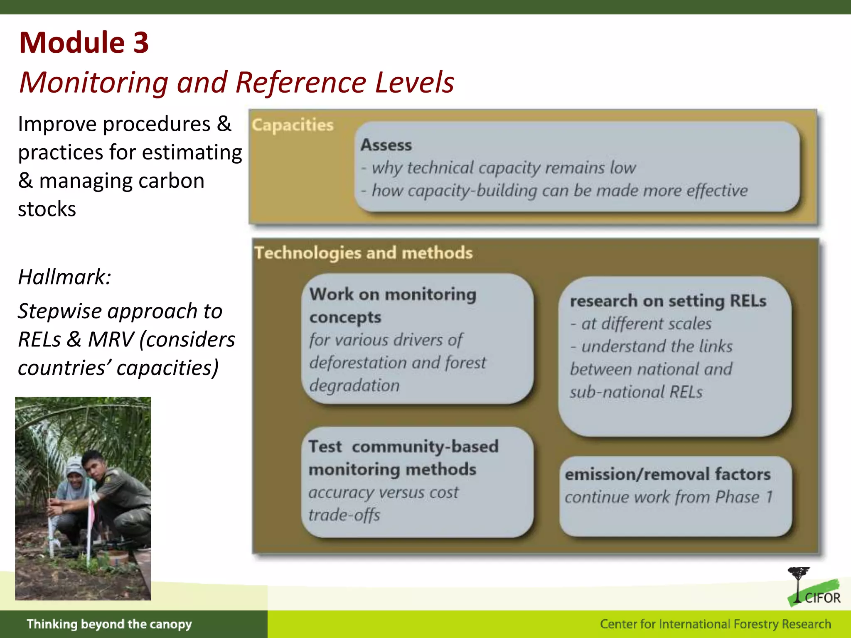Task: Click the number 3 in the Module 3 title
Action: pyautogui.click(x=141, y=43)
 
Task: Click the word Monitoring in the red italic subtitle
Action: pyautogui.click(x=94, y=82)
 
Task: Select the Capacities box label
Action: pyautogui.click(x=293, y=125)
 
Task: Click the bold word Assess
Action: pyautogui.click(x=386, y=145)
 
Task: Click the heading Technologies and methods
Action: pyautogui.click(x=364, y=253)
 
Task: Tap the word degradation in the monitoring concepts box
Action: pyautogui.click(x=354, y=385)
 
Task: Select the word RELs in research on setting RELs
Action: pyautogui.click(x=748, y=301)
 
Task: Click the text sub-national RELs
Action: pyautogui.click(x=636, y=392)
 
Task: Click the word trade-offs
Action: pyautogui.click(x=344, y=515)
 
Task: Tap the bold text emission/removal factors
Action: pyautogui.click(x=668, y=474)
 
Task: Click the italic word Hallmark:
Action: pyautogui.click(x=65, y=277)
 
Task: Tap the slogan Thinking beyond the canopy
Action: pyautogui.click(x=109, y=624)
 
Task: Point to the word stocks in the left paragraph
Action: pyautogui.click(x=47, y=209)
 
